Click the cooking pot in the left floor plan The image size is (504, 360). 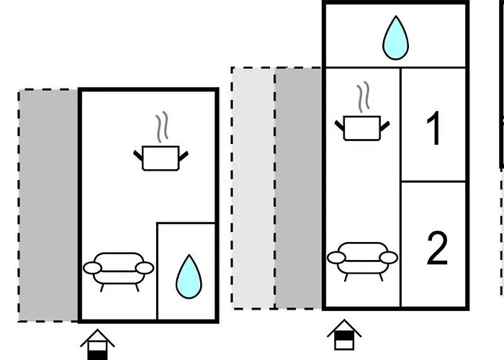160,158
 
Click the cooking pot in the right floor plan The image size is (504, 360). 362,128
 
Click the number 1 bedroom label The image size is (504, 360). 433,130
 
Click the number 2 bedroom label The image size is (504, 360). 437,249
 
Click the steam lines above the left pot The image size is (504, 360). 165,126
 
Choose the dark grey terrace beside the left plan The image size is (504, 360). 48,205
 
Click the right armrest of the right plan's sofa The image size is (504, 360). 390,258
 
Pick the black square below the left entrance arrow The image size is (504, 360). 97,354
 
